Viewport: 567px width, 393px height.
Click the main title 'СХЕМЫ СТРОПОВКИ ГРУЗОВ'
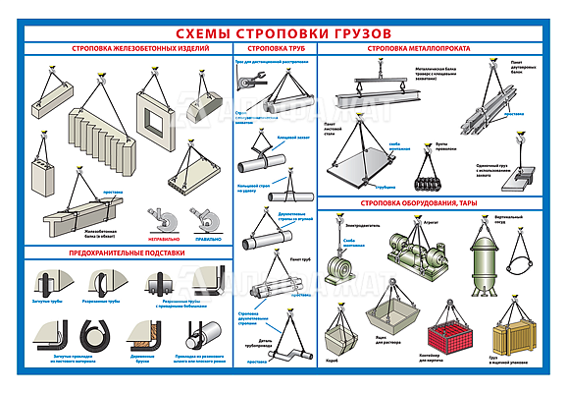[283, 32]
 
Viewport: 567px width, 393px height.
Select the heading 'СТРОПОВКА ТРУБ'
[274, 48]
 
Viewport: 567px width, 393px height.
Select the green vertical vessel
[481, 260]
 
